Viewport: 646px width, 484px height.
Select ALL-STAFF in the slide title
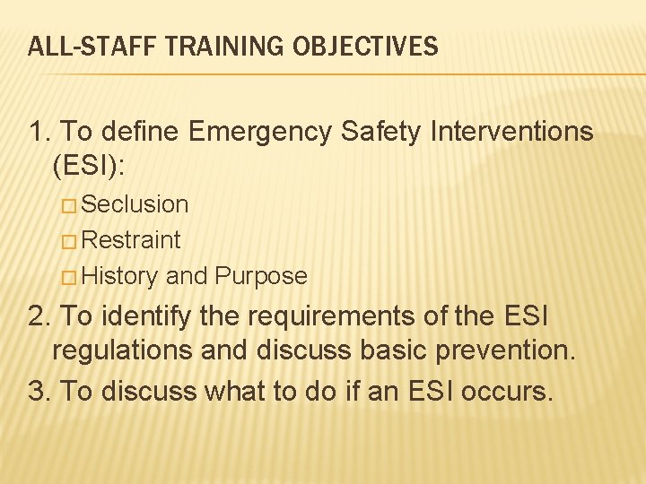click(79, 47)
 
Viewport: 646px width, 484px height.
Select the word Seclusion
click(135, 204)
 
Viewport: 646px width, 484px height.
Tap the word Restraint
click(131, 240)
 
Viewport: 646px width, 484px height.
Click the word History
click(120, 276)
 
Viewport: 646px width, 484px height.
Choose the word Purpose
click(261, 276)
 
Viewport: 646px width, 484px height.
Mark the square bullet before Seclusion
click(70, 205)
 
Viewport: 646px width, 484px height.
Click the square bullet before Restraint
click(70, 241)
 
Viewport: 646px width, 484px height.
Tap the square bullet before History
click(70, 277)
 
